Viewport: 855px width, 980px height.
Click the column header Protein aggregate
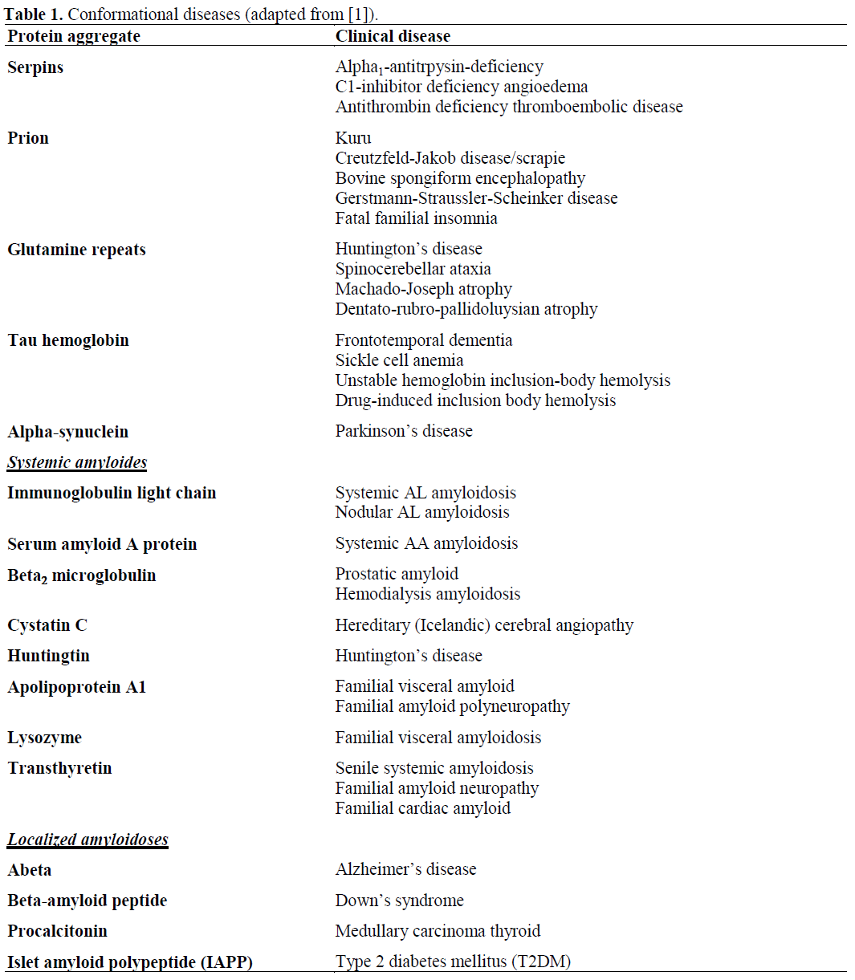click(74, 36)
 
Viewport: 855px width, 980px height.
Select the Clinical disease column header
click(393, 36)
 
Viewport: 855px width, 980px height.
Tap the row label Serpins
click(35, 67)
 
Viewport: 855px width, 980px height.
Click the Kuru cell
click(353, 138)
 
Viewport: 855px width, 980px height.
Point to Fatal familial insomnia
click(416, 218)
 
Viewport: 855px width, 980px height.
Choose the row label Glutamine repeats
click(76, 250)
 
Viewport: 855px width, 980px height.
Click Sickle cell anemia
click(399, 360)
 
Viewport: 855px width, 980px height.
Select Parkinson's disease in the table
click(404, 431)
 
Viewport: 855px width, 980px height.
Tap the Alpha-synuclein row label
click(67, 432)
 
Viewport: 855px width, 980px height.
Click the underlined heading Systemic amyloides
click(77, 462)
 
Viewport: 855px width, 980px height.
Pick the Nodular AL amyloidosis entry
click(422, 512)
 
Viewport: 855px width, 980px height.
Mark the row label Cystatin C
click(47, 625)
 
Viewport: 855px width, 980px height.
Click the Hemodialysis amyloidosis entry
click(428, 594)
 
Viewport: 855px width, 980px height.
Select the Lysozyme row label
click(44, 738)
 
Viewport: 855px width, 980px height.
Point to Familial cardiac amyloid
click(423, 808)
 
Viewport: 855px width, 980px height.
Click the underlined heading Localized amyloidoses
click(88, 840)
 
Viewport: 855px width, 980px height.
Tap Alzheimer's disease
click(405, 869)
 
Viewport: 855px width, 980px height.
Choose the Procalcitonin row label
click(57, 931)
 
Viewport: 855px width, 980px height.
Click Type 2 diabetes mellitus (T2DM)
click(453, 962)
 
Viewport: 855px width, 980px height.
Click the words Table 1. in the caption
click(34, 14)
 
